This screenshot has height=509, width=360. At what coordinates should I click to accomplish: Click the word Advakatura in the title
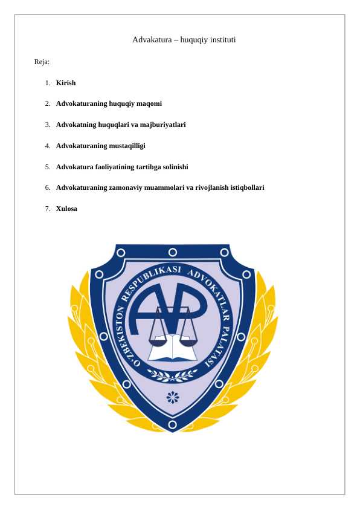coord(152,40)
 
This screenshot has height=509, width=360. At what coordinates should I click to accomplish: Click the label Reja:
coord(42,62)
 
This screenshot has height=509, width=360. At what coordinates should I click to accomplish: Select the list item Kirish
coord(66,82)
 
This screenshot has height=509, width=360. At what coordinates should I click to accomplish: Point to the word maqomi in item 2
coord(149,103)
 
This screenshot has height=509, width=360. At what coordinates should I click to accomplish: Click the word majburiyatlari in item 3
coord(164,125)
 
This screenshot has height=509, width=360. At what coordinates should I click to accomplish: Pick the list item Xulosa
coord(66,209)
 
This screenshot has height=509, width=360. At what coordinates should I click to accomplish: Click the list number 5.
coord(47,167)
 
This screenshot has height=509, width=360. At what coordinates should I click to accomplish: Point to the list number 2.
coord(47,103)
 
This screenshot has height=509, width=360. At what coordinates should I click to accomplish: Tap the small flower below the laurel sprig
coord(173,397)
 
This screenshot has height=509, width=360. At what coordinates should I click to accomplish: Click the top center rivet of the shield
coord(173,252)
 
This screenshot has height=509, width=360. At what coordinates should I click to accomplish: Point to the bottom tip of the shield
coord(173,431)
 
